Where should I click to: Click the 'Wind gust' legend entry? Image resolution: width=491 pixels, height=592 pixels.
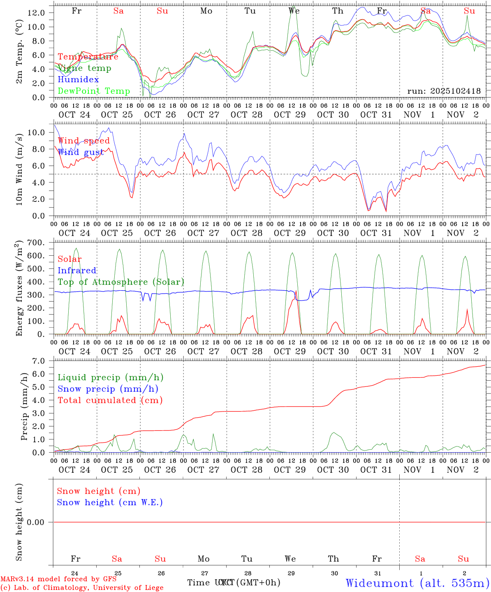[x=81, y=152]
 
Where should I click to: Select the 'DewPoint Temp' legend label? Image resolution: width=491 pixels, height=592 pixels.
[x=94, y=91]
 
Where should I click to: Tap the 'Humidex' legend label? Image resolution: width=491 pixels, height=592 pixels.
[x=78, y=79]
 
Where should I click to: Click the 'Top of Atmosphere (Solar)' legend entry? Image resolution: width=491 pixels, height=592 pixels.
[x=121, y=282]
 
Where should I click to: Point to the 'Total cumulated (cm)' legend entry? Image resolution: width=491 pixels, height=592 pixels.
[x=110, y=400]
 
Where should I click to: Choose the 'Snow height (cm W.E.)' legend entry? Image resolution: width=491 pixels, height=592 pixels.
[x=110, y=502]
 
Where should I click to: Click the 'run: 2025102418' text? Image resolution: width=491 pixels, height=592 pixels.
[x=444, y=91]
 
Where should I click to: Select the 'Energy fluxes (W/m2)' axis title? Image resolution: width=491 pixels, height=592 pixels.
[x=19, y=289]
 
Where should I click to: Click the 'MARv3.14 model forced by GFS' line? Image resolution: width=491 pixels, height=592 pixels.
[x=58, y=579]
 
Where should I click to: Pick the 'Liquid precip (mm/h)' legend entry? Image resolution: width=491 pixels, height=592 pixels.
[x=110, y=377]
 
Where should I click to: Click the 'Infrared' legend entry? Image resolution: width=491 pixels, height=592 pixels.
[x=77, y=271]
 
